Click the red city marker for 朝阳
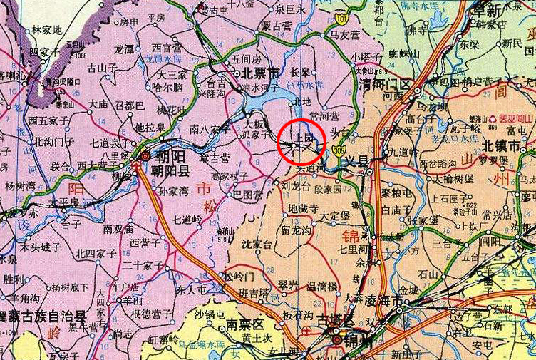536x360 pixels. tap(145, 156)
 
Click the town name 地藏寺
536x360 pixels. tap(303, 209)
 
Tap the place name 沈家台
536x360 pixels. tap(258, 245)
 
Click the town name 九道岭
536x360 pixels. tap(405, 152)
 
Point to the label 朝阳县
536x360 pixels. tap(170, 170)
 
